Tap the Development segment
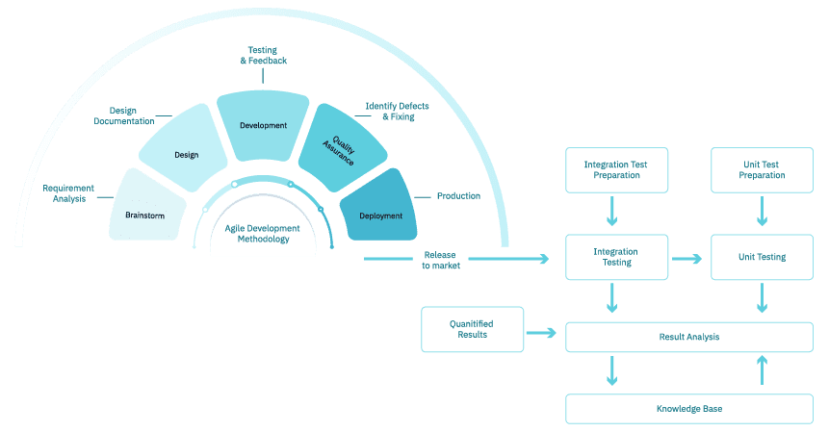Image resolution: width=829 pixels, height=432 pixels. pos(263,125)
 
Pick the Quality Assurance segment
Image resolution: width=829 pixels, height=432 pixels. pos(343,150)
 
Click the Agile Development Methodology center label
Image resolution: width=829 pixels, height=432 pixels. pos(262,234)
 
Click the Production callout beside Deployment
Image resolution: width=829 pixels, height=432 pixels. pos(458,195)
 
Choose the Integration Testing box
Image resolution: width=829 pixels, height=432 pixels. pos(614,258)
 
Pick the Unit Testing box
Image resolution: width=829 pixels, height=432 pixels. pos(762,258)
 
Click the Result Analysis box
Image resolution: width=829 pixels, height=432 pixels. pos(689,337)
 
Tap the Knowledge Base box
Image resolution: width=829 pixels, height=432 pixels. pos(689,409)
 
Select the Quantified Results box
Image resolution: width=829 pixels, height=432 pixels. pos(471,329)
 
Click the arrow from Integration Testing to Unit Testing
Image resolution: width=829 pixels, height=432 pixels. pos(689,258)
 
